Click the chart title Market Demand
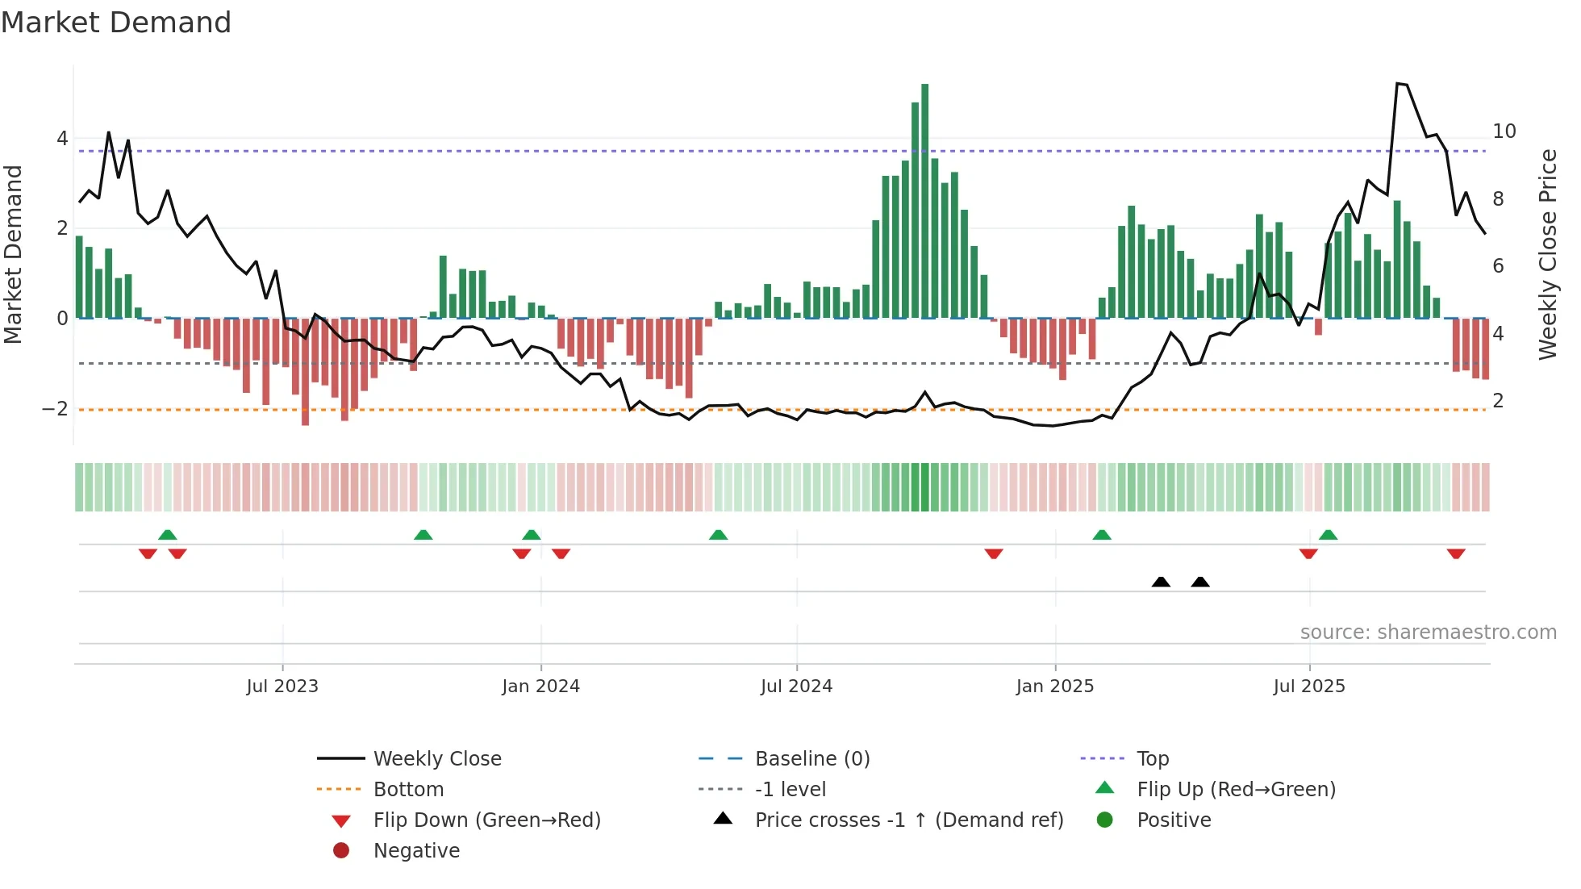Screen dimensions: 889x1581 [x=116, y=23]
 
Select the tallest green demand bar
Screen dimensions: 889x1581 [x=924, y=202]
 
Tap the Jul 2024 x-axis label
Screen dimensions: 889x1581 [x=796, y=687]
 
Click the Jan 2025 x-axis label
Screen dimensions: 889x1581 [x=1054, y=687]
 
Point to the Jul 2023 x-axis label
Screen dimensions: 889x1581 [x=282, y=687]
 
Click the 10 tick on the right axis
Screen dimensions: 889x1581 [x=1504, y=131]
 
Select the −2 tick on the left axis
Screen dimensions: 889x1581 [x=55, y=409]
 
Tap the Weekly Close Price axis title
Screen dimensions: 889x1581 [x=1547, y=254]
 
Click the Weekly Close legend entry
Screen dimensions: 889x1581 [x=436, y=759]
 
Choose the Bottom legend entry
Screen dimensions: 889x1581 [x=408, y=790]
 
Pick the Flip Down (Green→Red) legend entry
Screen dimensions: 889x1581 [x=486, y=820]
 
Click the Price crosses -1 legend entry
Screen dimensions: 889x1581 [x=908, y=820]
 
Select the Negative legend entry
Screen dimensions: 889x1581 [x=416, y=851]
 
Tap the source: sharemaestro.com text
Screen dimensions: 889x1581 [x=1428, y=632]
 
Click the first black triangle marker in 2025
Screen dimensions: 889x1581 [x=1161, y=582]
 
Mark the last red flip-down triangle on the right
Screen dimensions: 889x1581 [x=1456, y=554]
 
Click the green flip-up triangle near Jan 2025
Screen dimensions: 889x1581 [x=1102, y=535]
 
